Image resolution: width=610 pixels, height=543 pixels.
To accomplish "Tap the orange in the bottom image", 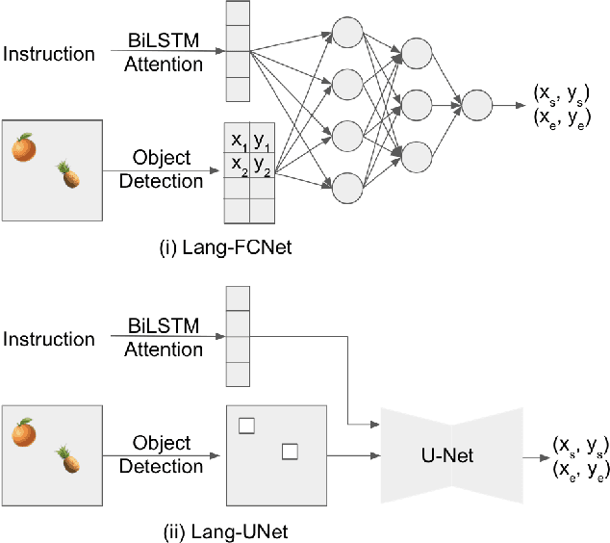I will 24,433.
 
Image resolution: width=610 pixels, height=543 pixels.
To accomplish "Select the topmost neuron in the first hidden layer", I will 347,31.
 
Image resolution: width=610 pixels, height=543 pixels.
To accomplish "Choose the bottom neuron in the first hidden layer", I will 347,184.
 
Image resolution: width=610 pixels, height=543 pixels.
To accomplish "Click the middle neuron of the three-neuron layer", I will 417,103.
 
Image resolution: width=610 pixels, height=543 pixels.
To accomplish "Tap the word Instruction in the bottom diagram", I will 49,339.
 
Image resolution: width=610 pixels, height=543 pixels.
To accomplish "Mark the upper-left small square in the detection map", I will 246,425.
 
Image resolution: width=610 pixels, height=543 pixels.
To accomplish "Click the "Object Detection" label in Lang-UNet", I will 162,455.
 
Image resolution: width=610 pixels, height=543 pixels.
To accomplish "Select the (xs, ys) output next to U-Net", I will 577,444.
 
